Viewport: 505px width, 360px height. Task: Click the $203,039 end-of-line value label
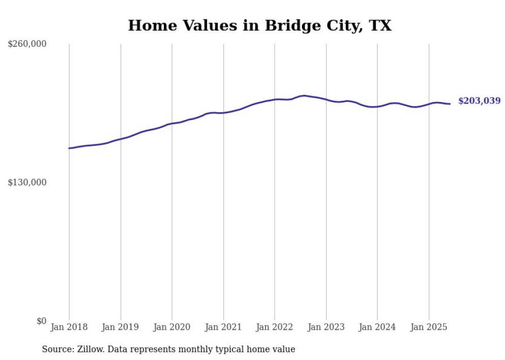(479, 101)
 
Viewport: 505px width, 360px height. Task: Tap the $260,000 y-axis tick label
(27, 44)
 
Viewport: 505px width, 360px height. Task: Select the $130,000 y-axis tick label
(27, 182)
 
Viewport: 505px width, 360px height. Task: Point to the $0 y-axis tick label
(42, 321)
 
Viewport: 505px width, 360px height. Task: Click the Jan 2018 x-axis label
(69, 327)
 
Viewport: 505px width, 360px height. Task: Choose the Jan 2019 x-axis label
(121, 327)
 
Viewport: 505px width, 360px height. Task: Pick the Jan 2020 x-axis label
(172, 327)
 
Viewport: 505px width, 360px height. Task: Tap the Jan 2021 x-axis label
(223, 327)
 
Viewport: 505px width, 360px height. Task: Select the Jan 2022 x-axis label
(275, 327)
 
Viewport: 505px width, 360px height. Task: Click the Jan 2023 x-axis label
(326, 327)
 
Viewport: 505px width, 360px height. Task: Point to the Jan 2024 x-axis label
(377, 327)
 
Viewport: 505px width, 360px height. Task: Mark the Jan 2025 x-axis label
(429, 327)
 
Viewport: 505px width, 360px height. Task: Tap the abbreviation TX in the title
(381, 26)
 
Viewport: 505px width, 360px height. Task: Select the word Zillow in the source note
(89, 349)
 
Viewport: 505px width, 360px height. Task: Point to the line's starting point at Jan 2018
(69, 148)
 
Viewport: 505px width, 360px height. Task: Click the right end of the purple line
(450, 104)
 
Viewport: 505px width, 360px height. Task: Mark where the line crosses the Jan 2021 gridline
(224, 113)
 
